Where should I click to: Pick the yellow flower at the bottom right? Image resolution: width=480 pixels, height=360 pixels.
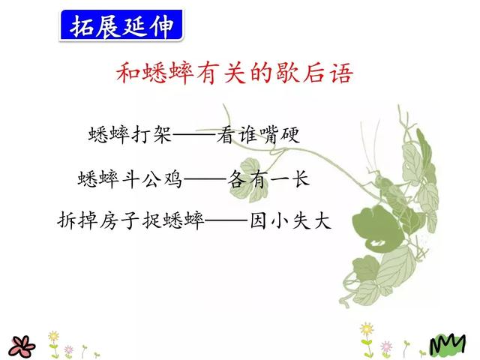pos(366,330)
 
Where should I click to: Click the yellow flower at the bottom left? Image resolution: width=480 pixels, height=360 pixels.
pos(53,337)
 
